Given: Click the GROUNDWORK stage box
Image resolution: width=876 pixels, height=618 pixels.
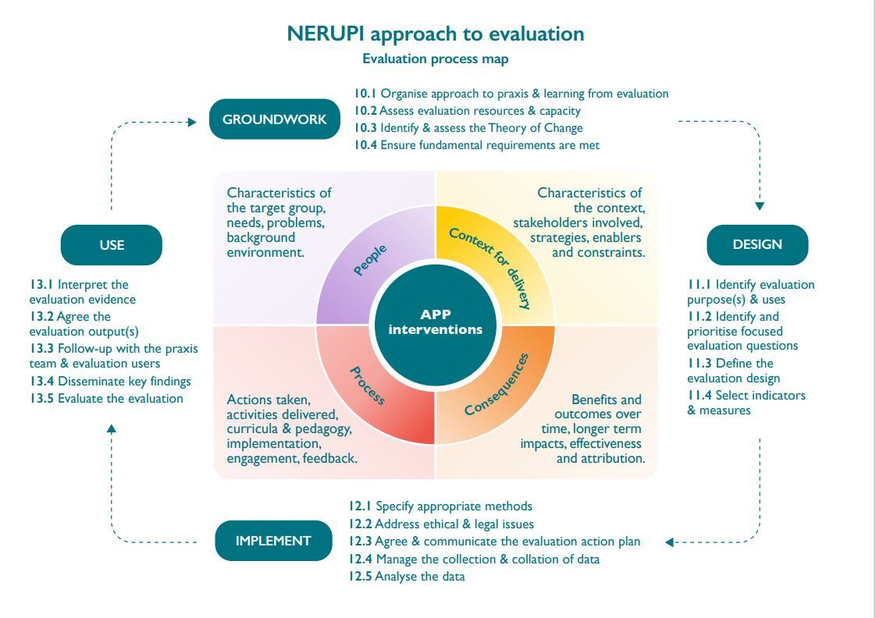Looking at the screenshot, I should (x=274, y=119).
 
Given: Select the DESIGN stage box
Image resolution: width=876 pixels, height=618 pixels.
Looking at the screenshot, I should (x=757, y=244).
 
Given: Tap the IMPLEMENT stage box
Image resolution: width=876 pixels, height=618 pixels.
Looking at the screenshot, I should (x=273, y=541).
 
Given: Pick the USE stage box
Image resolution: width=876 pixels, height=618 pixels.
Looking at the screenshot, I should (x=112, y=245).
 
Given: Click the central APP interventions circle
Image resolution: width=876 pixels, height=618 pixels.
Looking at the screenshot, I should (x=436, y=323).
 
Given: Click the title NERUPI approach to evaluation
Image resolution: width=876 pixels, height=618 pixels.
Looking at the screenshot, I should (x=436, y=34).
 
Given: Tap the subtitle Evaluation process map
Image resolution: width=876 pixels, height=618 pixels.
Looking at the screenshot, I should (x=436, y=59).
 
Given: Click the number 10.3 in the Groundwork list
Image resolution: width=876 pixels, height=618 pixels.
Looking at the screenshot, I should (x=365, y=128).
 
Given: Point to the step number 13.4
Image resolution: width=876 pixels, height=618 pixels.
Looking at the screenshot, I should (x=42, y=382).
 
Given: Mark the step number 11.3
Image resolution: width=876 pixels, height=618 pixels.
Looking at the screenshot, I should (x=700, y=363).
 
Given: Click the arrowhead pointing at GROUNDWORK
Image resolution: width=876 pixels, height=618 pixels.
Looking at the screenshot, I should (x=193, y=122).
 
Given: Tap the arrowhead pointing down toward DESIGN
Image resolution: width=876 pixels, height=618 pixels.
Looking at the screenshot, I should (x=759, y=207).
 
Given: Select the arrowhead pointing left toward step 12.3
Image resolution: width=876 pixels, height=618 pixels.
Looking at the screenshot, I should (x=669, y=542).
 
